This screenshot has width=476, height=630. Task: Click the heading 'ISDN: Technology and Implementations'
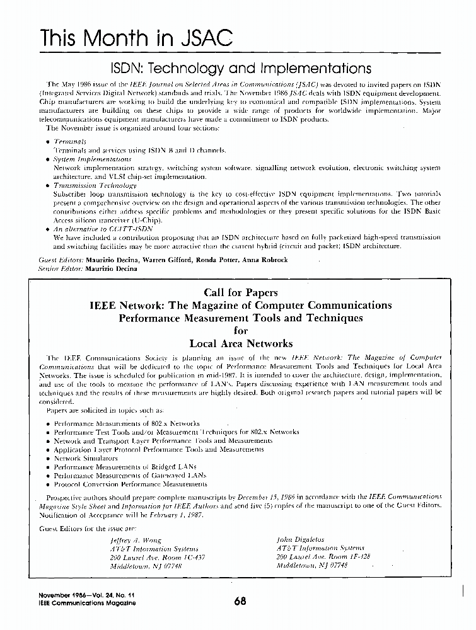[241, 67]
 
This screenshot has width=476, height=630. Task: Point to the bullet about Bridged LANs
[117, 467]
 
